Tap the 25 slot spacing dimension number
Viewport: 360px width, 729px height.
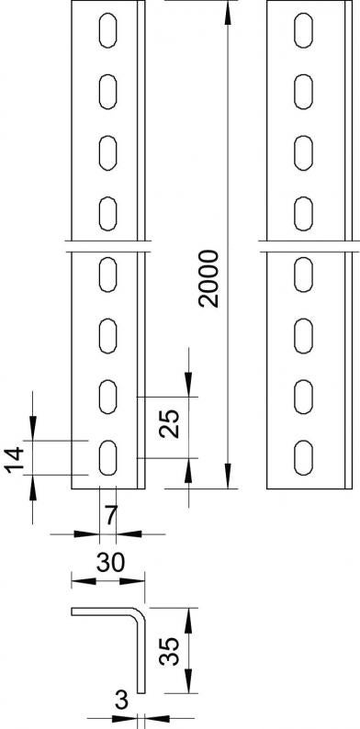coord(169,423)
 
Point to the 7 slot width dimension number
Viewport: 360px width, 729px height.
coord(110,516)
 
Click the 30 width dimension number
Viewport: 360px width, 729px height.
coord(111,563)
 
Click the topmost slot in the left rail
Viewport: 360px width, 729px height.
coord(107,30)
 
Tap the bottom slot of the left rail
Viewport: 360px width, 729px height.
coord(107,458)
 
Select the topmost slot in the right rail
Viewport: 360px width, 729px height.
coord(303,30)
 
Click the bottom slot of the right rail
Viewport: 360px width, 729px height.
coord(303,458)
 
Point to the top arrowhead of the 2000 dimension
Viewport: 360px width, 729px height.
coord(228,13)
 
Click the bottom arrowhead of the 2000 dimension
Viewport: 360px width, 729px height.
coord(228,477)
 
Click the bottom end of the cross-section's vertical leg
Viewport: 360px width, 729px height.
coord(141,693)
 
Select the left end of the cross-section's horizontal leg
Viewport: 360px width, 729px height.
coord(72,611)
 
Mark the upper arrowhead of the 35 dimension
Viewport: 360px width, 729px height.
coord(188,621)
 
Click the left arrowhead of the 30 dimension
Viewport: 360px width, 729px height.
coord(84,581)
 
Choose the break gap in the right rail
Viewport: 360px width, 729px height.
coord(309,246)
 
